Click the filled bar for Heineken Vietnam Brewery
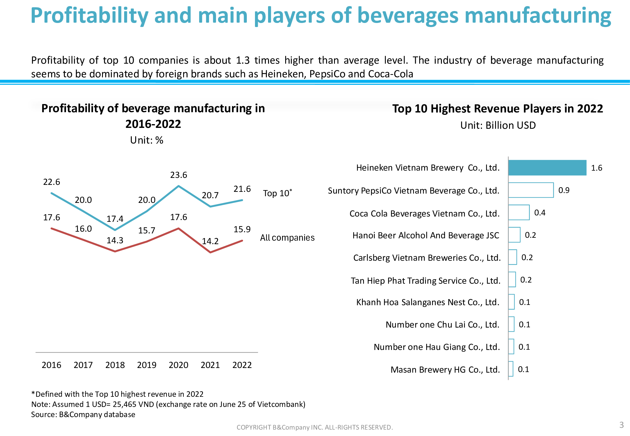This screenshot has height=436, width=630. click(547, 168)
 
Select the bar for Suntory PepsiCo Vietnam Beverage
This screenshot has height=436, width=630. click(531, 190)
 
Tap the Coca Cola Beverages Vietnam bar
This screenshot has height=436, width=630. click(519, 212)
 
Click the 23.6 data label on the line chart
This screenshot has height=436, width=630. click(179, 175)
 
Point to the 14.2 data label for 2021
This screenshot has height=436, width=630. click(210, 241)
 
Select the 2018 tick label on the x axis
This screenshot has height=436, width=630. click(115, 365)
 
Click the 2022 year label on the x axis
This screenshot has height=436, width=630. click(242, 365)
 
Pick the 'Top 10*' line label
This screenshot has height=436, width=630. click(277, 193)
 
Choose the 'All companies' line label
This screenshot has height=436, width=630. click(287, 238)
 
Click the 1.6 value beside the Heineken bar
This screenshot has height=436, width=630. click(597, 168)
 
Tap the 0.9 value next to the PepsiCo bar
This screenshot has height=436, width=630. click(564, 190)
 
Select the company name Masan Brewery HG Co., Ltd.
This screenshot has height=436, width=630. click(445, 370)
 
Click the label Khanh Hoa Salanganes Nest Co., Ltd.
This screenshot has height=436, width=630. click(428, 302)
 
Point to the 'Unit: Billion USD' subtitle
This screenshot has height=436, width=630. click(498, 125)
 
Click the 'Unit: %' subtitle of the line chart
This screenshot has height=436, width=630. click(147, 140)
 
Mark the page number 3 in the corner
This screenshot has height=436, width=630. click(622, 425)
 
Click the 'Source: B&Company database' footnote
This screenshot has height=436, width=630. click(83, 414)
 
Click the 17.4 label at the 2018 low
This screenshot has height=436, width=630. click(115, 219)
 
